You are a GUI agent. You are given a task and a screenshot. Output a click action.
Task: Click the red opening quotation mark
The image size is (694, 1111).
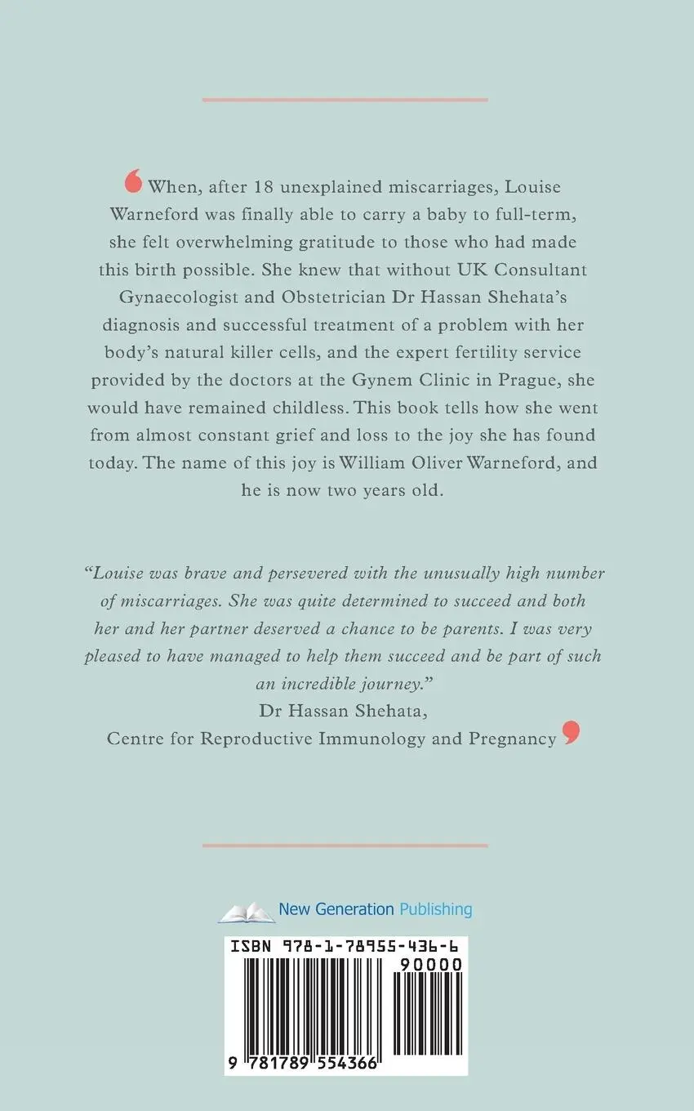point(134,181)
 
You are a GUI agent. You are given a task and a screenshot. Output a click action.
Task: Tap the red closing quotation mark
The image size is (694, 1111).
point(571,733)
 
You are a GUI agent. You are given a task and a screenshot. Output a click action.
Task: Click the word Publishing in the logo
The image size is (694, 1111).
point(436,908)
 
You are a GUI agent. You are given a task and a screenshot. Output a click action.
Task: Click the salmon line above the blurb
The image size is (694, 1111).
point(345,100)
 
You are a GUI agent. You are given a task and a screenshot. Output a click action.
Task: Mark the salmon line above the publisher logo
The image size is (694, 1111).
point(345,846)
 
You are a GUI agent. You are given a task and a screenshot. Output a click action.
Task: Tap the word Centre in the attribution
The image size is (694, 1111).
point(134,738)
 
